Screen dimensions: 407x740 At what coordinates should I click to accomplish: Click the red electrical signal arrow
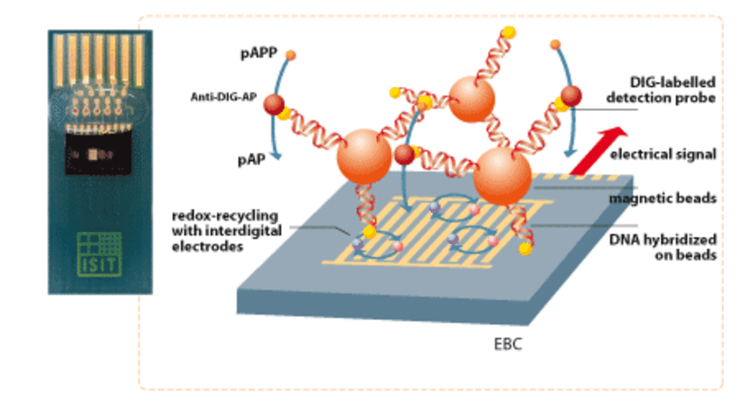pos(597,150)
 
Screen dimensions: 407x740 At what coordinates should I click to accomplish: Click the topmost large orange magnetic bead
pos(471,99)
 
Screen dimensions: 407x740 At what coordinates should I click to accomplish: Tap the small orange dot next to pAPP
pos(291,56)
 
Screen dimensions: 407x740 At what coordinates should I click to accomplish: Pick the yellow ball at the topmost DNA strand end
pos(509,31)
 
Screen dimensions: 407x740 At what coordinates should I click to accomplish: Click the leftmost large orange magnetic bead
pos(364,156)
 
